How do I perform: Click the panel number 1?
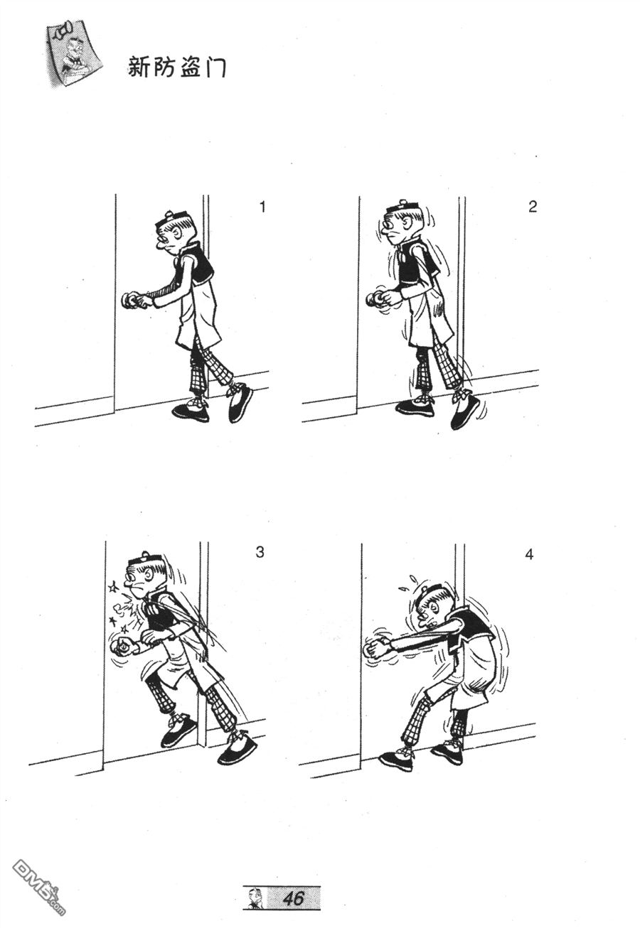coord(262,206)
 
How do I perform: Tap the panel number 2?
coord(533,206)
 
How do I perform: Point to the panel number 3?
coord(260,552)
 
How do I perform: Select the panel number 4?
coord(529,554)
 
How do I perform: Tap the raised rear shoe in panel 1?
coord(240,402)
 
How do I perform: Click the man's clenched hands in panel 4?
coord(376,649)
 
